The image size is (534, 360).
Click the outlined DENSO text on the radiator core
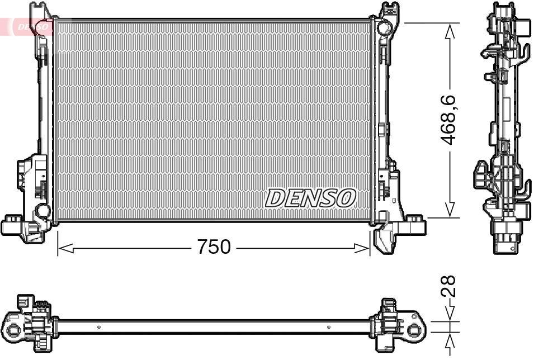pos(310,197)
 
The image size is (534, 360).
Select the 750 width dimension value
pos(213,247)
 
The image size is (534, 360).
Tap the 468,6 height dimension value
pos(451,120)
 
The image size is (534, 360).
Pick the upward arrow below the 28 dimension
pos(450,341)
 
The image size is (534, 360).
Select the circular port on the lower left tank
pos(42,210)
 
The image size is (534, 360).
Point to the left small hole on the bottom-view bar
pos(99,327)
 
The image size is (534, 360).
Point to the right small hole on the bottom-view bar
pos(327,327)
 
